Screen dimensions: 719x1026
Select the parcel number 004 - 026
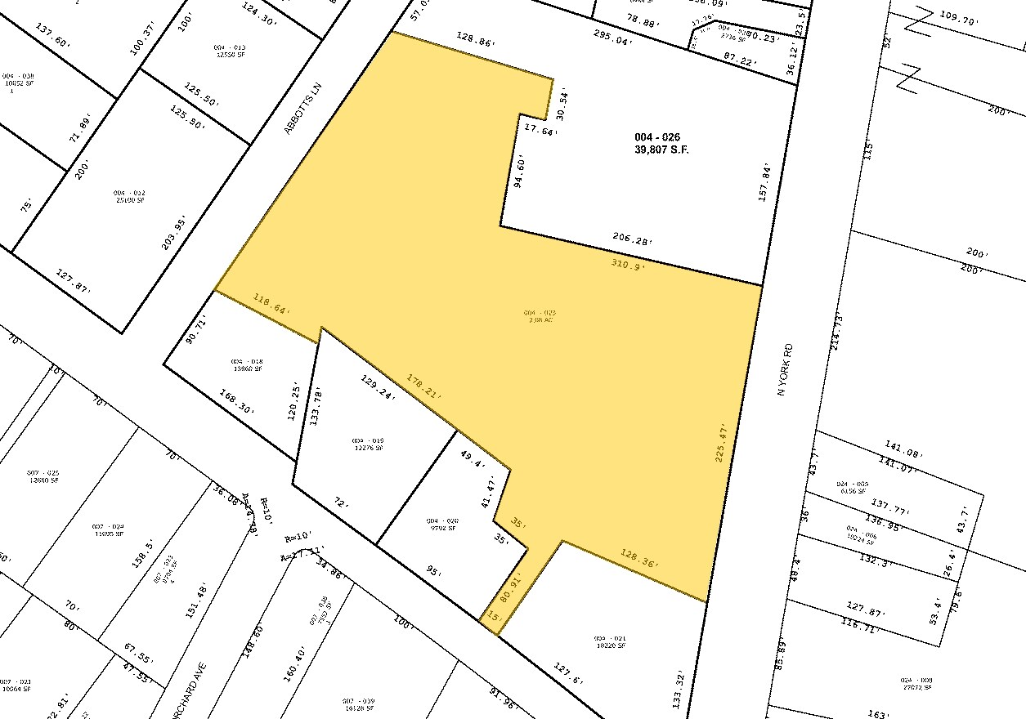click(657, 137)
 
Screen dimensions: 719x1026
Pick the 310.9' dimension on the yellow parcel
click(628, 264)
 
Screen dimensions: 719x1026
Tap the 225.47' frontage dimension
click(720, 442)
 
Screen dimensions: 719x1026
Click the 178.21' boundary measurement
click(424, 386)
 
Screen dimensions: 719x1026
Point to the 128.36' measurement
click(639, 563)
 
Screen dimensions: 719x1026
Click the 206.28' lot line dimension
click(632, 239)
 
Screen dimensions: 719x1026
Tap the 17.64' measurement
click(540, 129)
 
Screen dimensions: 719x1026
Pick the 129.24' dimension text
click(378, 386)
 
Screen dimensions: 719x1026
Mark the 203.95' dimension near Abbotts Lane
click(175, 232)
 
